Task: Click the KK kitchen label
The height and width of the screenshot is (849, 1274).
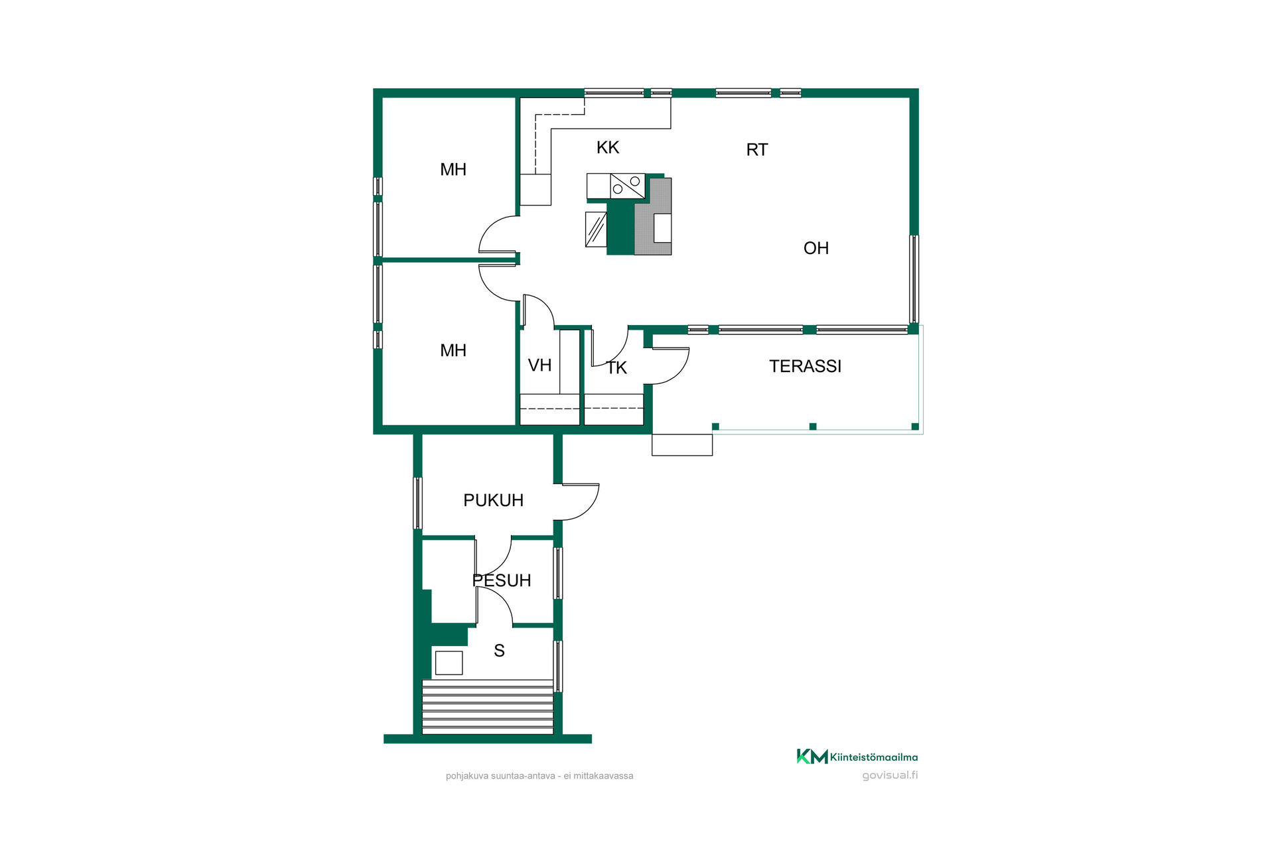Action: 608,147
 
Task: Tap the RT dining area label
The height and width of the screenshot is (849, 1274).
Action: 757,150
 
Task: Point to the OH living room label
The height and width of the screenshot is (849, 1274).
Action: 816,248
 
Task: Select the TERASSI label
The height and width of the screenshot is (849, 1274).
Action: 805,366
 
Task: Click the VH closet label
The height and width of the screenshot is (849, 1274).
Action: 539,365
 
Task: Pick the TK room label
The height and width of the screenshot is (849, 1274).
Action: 617,368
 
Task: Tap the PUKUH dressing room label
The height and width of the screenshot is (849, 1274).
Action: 493,500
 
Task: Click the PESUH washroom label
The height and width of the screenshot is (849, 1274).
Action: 502,580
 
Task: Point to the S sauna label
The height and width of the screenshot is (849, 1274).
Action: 499,651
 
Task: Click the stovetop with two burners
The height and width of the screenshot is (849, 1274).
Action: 628,186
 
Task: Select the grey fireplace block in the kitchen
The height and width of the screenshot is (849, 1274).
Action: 654,216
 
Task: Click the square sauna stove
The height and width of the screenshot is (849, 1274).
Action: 449,663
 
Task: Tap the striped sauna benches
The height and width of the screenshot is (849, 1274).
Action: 488,707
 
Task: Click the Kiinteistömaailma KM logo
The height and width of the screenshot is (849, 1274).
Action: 857,757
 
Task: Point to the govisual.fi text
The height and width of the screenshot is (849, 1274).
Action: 890,775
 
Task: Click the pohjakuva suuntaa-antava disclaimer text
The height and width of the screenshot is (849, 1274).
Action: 539,776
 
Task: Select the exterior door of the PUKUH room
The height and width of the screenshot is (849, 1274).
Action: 577,502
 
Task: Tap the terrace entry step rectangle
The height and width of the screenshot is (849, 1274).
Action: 682,445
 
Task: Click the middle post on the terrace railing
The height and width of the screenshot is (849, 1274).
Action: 813,426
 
